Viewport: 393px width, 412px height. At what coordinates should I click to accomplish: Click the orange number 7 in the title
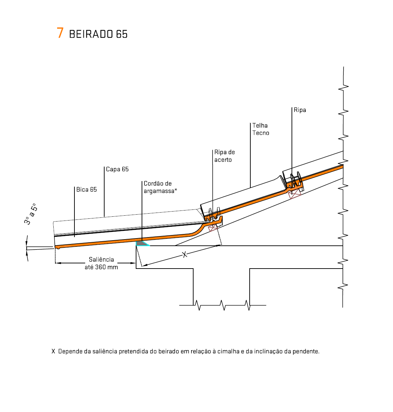[60, 33]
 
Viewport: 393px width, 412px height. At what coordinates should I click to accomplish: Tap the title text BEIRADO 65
[98, 34]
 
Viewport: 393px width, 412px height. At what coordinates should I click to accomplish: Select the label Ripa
[300, 110]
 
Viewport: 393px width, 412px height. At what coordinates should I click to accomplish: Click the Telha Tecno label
[261, 129]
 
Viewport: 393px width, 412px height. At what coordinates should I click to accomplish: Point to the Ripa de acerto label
[224, 156]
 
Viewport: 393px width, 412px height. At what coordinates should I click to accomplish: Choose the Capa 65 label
[117, 169]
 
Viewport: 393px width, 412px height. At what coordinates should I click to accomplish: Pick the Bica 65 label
[86, 189]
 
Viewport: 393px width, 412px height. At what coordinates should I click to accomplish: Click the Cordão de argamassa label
[160, 187]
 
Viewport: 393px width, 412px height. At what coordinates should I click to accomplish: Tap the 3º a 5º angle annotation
[31, 214]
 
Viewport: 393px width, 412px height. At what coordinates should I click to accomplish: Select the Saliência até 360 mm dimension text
[101, 263]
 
